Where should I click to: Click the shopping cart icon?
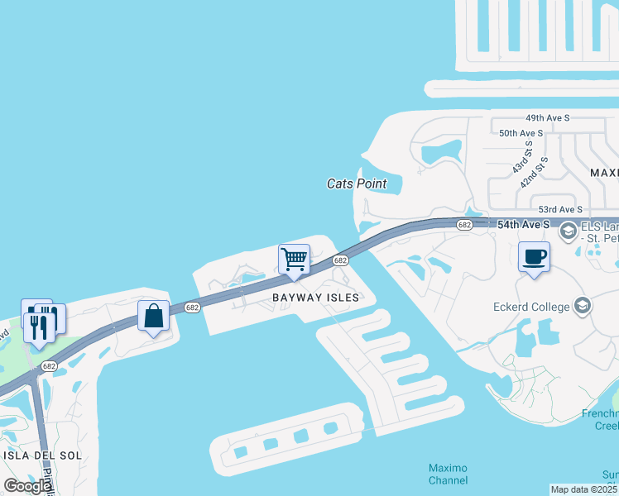(x=294, y=260)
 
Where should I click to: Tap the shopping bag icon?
(x=153, y=316)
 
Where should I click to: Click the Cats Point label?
(x=357, y=184)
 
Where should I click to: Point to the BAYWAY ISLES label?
(x=316, y=297)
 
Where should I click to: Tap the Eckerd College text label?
(x=527, y=307)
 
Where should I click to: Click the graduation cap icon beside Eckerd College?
(x=582, y=307)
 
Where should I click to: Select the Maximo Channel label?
(x=448, y=475)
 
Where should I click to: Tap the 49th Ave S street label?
(x=542, y=118)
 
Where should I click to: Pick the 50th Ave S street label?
(x=521, y=132)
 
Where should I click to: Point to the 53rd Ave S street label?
(x=560, y=210)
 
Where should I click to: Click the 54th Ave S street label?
(x=523, y=224)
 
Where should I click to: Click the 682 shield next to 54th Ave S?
(x=464, y=225)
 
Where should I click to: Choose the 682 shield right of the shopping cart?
(x=340, y=260)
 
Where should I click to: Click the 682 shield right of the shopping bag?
(x=192, y=307)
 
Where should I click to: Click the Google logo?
(x=27, y=486)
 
